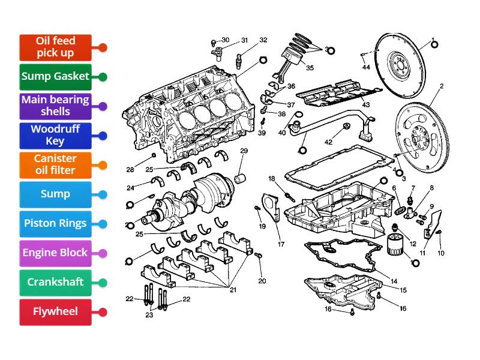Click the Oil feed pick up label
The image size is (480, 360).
(55, 47)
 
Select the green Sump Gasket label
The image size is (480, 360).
(55, 76)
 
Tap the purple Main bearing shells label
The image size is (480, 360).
(55, 106)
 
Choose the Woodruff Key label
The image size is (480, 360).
(55, 135)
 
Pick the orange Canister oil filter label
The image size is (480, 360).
(55, 164)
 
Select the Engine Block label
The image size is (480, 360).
(55, 253)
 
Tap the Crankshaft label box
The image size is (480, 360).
(55, 282)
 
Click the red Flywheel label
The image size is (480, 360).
(55, 311)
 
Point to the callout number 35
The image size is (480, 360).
(310, 68)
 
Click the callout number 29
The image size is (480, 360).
(244, 151)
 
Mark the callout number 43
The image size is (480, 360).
(365, 105)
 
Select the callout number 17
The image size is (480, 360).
(281, 244)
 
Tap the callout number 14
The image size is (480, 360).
(394, 281)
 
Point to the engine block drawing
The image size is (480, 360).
(186, 117)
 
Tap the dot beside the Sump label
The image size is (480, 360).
(103, 194)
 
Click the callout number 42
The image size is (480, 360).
(328, 142)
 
